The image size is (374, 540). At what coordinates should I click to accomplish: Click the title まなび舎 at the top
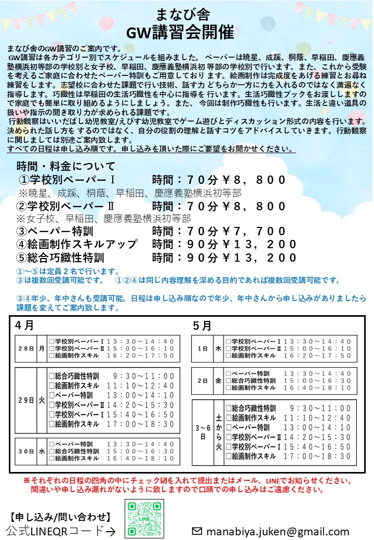pos(186,12)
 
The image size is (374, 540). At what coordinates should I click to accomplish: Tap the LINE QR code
pos(145,519)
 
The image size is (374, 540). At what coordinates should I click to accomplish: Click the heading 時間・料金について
pos(66,166)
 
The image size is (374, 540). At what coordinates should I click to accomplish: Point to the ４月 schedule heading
pos(25,326)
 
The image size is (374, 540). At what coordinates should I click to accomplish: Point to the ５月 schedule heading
pos(202,326)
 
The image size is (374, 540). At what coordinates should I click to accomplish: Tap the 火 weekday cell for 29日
pos(42,400)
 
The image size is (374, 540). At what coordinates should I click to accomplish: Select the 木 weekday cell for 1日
pos(218,348)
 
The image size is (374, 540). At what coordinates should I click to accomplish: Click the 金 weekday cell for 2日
pos(218,381)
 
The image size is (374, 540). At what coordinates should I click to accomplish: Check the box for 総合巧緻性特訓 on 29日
pos(51,376)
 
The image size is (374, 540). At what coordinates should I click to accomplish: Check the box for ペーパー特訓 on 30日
pos(51,444)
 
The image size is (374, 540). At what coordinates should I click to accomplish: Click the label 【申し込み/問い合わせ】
pos(61,517)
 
